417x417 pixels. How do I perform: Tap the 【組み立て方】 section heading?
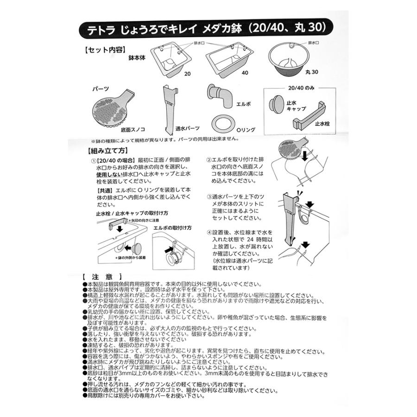(107, 151)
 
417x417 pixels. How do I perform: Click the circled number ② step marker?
(209, 159)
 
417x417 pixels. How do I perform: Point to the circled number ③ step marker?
(209, 196)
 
